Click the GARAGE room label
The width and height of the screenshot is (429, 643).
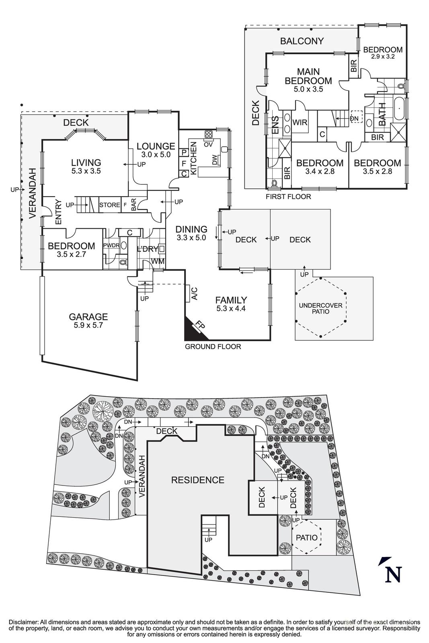[x=88, y=317]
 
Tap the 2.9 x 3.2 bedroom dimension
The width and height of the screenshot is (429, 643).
[x=383, y=57]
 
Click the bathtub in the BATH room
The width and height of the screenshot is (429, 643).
[x=398, y=108]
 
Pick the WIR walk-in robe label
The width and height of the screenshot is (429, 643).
[x=300, y=122]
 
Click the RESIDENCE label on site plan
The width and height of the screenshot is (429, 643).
[x=197, y=480]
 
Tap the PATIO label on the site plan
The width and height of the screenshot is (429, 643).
[x=307, y=537]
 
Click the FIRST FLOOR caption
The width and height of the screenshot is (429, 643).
[x=288, y=197]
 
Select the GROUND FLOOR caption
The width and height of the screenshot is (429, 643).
[x=213, y=346]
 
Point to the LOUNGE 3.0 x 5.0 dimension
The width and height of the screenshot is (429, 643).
[x=156, y=154]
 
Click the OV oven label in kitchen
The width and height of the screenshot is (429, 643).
[x=208, y=144]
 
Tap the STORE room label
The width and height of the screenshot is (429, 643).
[x=109, y=205]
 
